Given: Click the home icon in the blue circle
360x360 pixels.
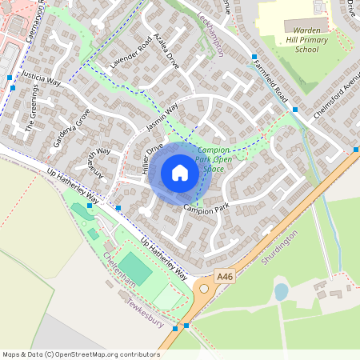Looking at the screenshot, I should (x=180, y=173).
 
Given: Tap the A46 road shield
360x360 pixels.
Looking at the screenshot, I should (x=226, y=276).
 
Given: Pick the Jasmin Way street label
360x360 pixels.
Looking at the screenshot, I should (x=161, y=121).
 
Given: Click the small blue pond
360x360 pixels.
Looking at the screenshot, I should (x=281, y=291).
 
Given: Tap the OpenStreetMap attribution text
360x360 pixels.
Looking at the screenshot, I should (x=82, y=354).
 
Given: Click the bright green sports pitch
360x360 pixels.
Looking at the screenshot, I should (x=135, y=269).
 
